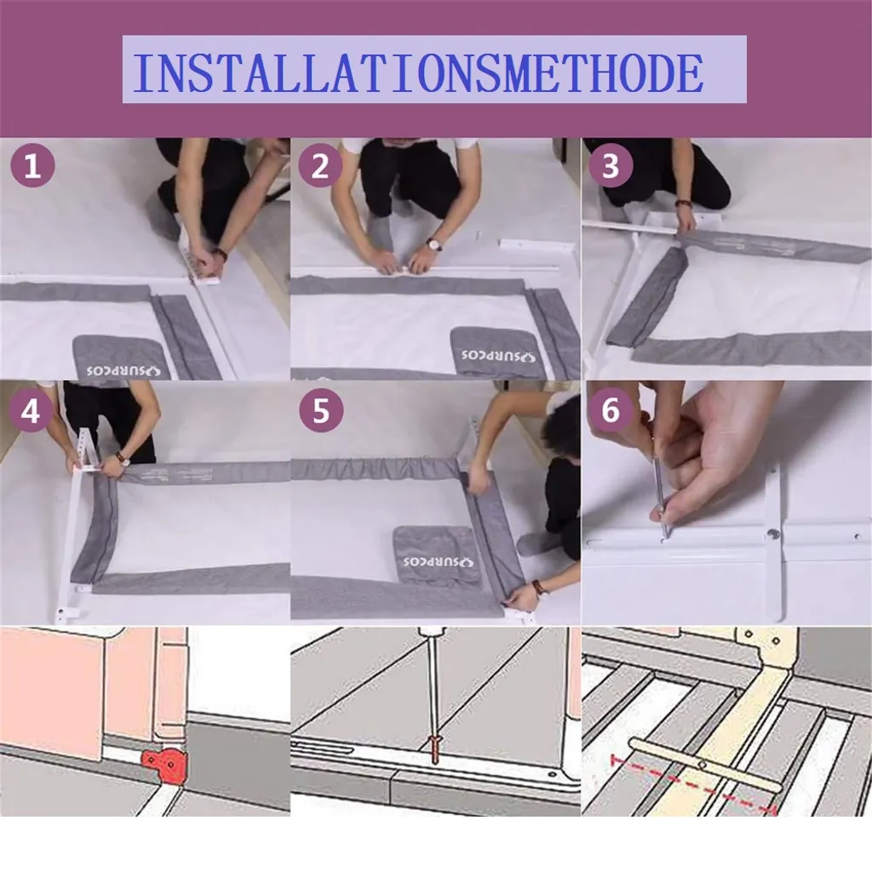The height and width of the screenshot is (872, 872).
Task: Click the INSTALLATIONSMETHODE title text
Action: pyautogui.click(x=418, y=73)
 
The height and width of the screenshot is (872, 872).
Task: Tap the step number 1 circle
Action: pyautogui.click(x=33, y=165)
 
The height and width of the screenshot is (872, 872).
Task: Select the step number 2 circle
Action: pyautogui.click(x=320, y=165)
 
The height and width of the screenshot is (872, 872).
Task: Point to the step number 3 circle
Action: pyautogui.click(x=611, y=165)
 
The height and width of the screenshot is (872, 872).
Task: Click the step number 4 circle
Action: pyautogui.click(x=32, y=410)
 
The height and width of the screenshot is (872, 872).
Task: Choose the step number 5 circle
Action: pyautogui.click(x=321, y=410)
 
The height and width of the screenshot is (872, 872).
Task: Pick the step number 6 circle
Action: pyautogui.click(x=610, y=410)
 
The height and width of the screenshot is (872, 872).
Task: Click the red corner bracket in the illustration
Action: pyautogui.click(x=165, y=766)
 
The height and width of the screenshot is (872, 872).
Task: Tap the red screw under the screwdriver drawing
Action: pyautogui.click(x=434, y=749)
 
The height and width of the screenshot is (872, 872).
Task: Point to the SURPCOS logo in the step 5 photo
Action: pyautogui.click(x=439, y=561)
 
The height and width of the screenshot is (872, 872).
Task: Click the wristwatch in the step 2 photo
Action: pyautogui.click(x=433, y=244)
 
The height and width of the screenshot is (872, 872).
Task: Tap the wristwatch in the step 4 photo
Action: pyautogui.click(x=122, y=459)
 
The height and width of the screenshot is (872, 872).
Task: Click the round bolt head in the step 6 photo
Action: pyautogui.click(x=772, y=535)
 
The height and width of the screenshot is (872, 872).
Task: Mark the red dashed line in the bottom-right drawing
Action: pyautogui.click(x=693, y=783)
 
